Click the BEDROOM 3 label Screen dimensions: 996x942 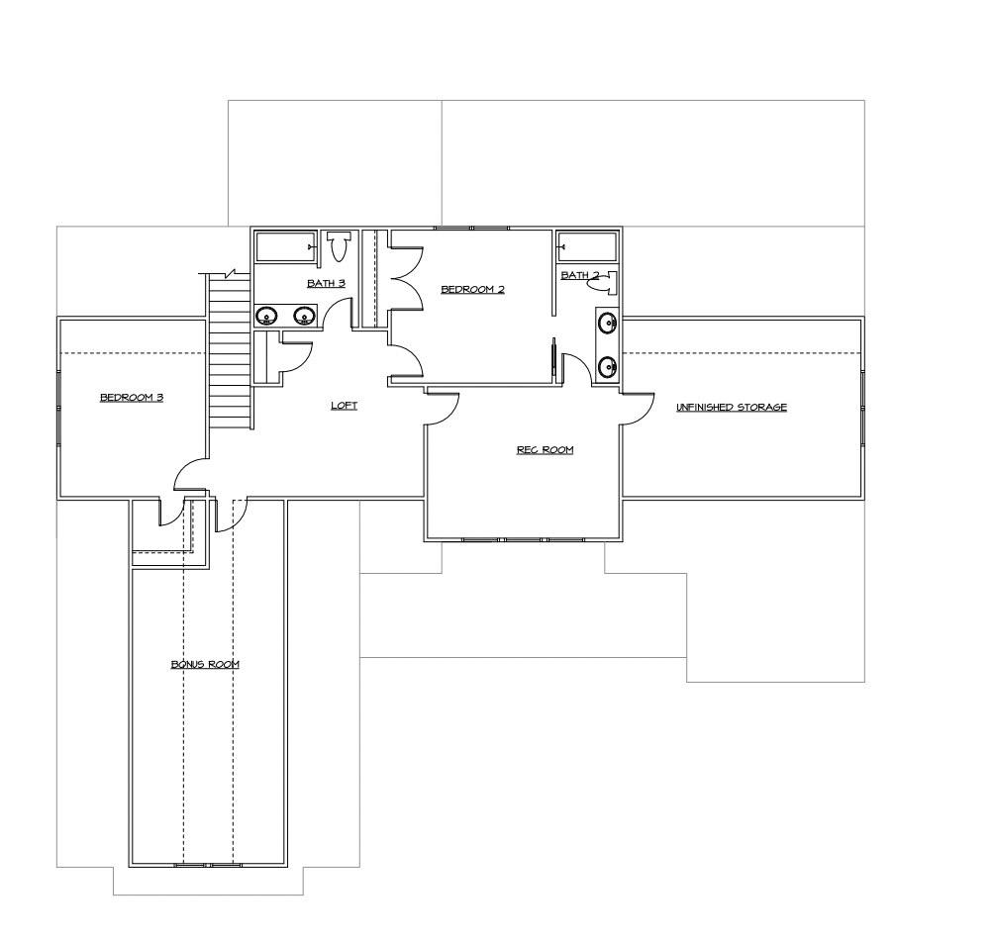coord(132,398)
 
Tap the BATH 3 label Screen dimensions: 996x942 coord(326,283)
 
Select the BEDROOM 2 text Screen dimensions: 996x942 coord(472,290)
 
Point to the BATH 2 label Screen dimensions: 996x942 coord(580,275)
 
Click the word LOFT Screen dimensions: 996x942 coord(345,405)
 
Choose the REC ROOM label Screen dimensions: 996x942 coord(545,450)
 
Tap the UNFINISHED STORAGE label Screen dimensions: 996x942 coord(731,407)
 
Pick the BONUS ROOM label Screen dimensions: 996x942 coord(205,664)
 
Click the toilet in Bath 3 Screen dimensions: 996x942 coord(339,246)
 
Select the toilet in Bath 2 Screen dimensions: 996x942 coord(602,283)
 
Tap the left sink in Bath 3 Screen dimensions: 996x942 coord(266,315)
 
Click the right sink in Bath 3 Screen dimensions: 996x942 coord(305,315)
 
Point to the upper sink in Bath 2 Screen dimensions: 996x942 coord(607,324)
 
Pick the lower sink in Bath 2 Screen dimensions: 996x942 coord(607,367)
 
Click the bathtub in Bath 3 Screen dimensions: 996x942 coord(285,246)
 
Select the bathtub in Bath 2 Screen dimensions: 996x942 coord(587,247)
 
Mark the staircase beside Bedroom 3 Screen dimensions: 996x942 coord(230,349)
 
